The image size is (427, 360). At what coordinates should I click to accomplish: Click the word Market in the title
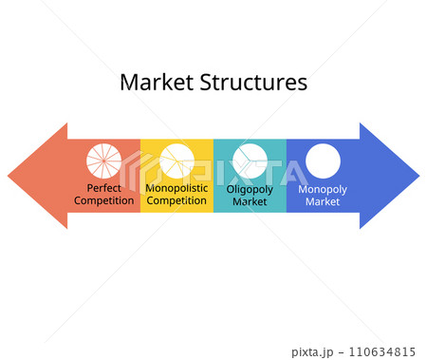tap(154, 83)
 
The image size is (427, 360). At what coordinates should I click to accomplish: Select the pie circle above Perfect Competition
tap(103, 161)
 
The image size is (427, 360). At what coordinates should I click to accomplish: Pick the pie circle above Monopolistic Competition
tap(176, 161)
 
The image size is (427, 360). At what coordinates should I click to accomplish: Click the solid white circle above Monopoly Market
tap(323, 161)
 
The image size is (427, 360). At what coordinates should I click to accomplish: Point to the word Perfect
tap(103, 188)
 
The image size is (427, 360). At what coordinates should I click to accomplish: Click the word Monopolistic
tap(176, 188)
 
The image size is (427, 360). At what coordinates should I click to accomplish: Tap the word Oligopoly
tap(250, 189)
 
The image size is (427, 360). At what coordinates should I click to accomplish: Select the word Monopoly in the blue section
tap(323, 189)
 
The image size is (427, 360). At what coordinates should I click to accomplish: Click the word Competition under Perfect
tap(103, 200)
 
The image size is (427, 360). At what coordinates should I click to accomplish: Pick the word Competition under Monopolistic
tap(176, 200)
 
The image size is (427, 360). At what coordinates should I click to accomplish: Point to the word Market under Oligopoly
tap(250, 201)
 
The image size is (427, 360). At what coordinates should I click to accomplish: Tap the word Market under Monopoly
tap(323, 201)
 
